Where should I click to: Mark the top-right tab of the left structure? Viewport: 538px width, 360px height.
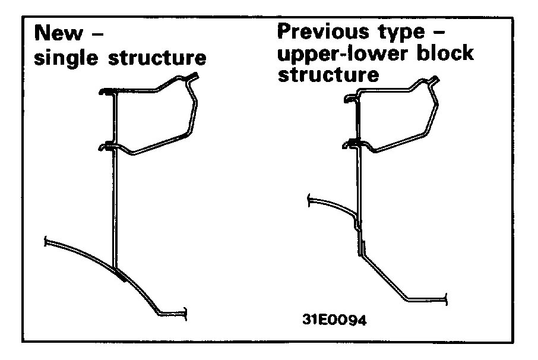pos(193,75)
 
